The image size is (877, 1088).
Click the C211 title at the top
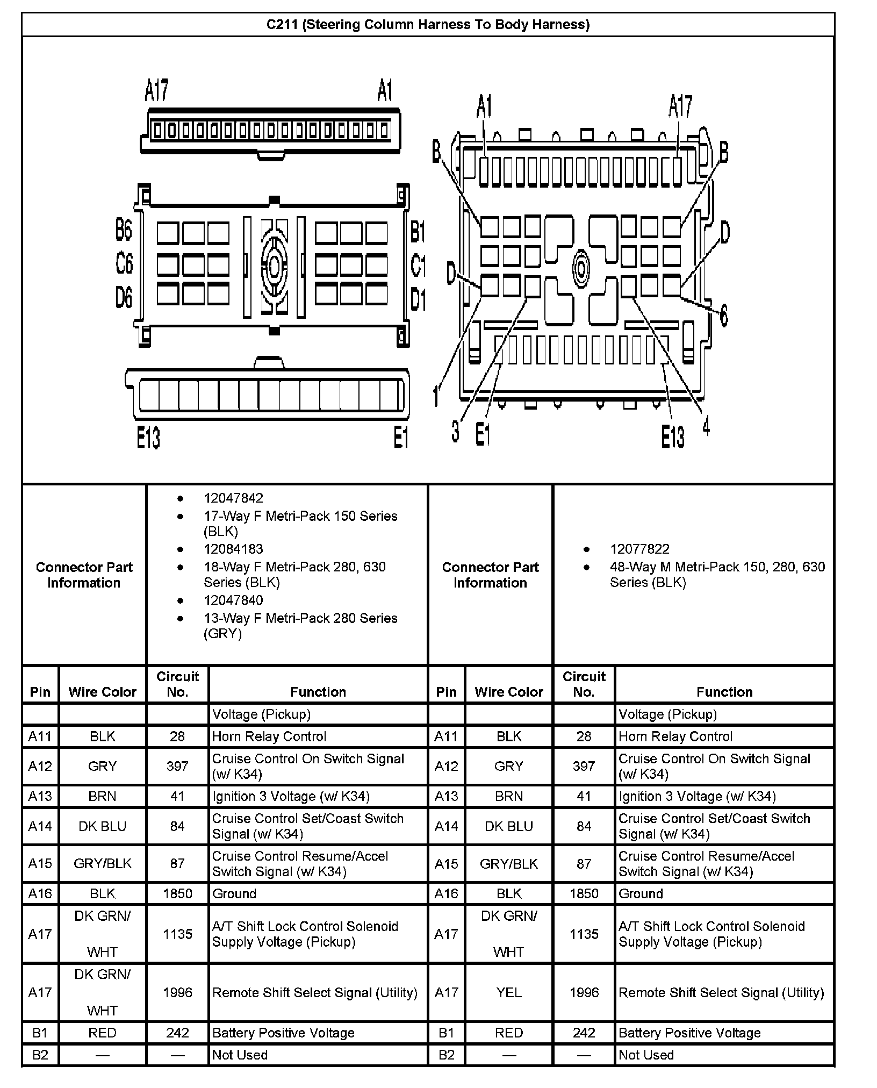click(428, 25)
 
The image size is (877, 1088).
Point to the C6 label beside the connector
click(124, 263)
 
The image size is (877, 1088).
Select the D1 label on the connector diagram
click(418, 298)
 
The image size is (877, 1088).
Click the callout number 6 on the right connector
click(723, 315)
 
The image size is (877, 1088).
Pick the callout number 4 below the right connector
click(706, 426)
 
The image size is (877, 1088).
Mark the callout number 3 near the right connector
click(455, 431)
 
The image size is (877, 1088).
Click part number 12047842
click(233, 498)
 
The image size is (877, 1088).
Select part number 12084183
click(233, 549)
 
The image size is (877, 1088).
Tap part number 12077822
click(639, 549)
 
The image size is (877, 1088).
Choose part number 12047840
click(233, 600)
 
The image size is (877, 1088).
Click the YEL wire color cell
click(508, 993)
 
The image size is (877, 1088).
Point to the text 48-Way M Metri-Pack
click(717, 567)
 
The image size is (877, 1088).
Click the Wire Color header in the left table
click(102, 692)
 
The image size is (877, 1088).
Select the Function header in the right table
click(724, 692)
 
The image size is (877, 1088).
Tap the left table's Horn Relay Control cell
click(269, 736)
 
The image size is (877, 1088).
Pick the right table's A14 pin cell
click(446, 826)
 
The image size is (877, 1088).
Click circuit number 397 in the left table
click(177, 766)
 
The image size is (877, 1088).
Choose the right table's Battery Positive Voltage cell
click(689, 1033)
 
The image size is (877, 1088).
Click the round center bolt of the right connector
click(580, 267)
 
